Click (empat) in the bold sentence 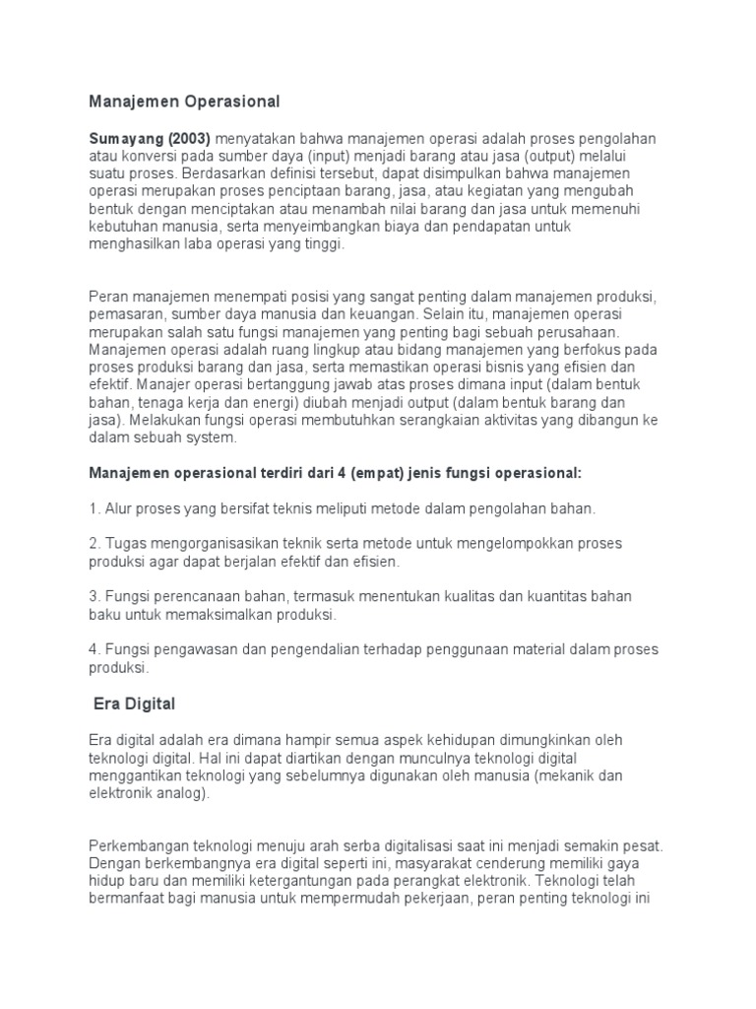325,474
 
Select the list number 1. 94,509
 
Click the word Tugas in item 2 124,545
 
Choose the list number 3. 94,598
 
